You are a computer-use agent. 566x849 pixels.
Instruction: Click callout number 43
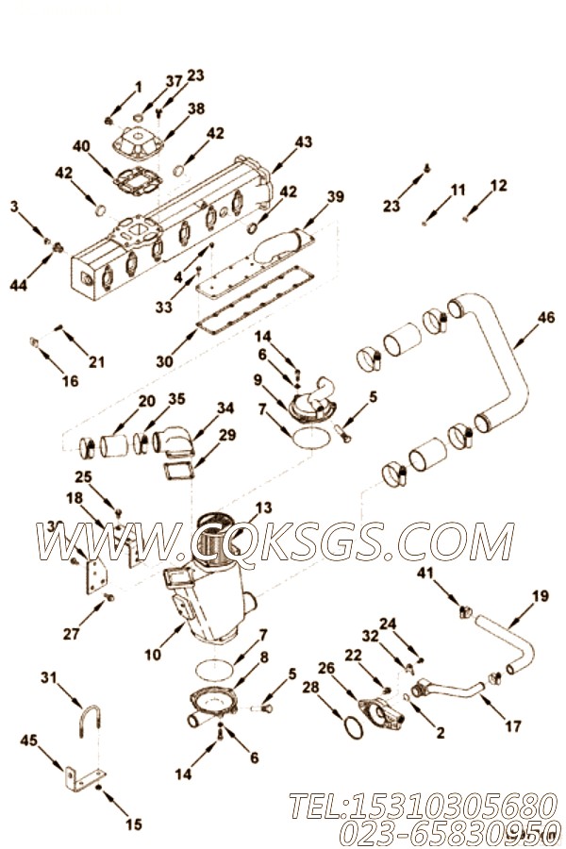pyautogui.click(x=303, y=141)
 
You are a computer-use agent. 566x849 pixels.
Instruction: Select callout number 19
pyautogui.click(x=540, y=595)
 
